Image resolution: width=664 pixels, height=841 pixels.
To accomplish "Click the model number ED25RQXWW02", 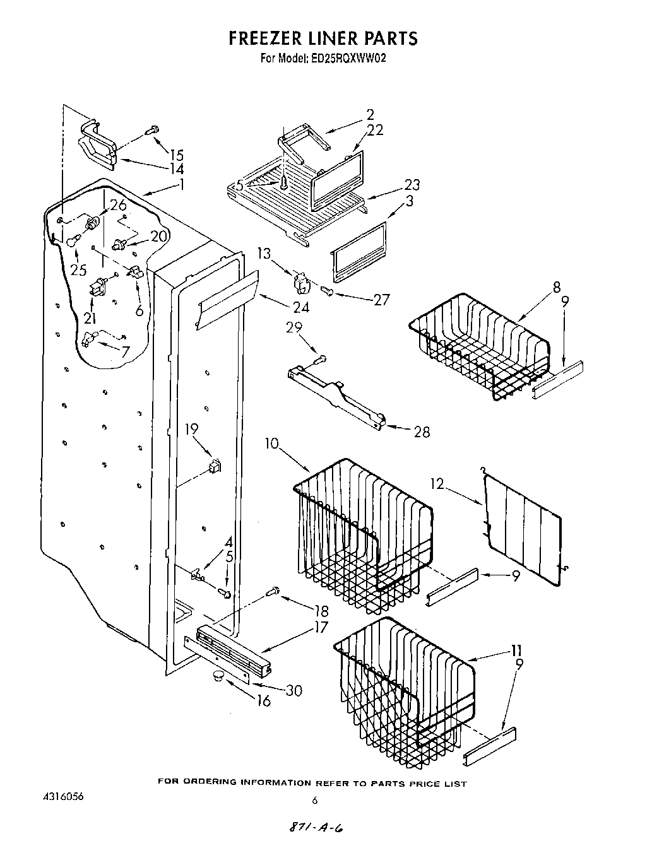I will pos(348,58).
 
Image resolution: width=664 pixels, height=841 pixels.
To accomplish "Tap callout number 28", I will pos(422,432).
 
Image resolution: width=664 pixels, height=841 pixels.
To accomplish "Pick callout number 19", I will pos(191,430).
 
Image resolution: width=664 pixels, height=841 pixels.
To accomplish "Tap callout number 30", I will pos(293,690).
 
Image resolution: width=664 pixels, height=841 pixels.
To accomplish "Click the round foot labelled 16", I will pos(218,677).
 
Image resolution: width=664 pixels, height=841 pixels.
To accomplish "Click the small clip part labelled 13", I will pos(302,282).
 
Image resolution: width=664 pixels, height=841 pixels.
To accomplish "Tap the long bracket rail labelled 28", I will pos(335,397).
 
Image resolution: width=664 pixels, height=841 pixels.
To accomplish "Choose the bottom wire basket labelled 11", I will pos(404,688).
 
